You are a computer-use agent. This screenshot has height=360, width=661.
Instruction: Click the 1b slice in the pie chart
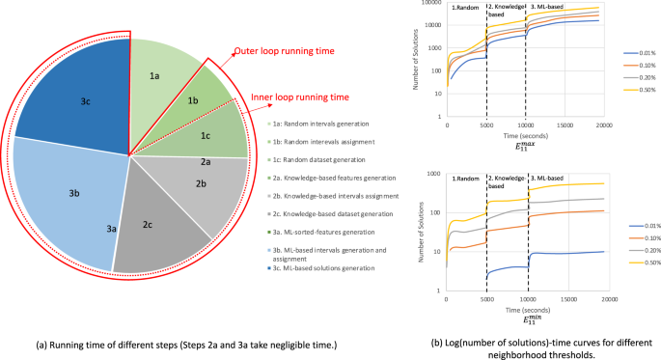pyautogui.click(x=193, y=100)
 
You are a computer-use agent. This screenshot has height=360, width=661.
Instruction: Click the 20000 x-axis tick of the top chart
pyautogui.click(x=600, y=125)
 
